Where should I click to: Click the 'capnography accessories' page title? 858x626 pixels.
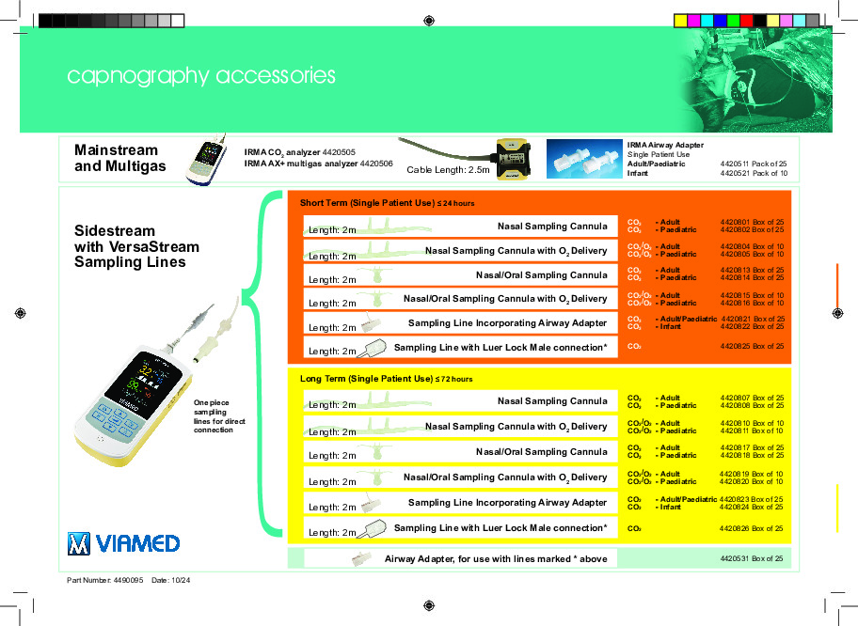pyautogui.click(x=201, y=76)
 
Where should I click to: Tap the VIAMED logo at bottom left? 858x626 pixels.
pyautogui.click(x=123, y=543)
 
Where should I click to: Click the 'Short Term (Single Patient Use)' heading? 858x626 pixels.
pyautogui.click(x=368, y=203)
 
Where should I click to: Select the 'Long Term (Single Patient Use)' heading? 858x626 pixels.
pyautogui.click(x=367, y=379)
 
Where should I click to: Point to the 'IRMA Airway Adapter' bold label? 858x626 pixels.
pyautogui.click(x=664, y=146)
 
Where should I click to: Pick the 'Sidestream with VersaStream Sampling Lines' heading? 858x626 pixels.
pyautogui.click(x=136, y=246)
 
